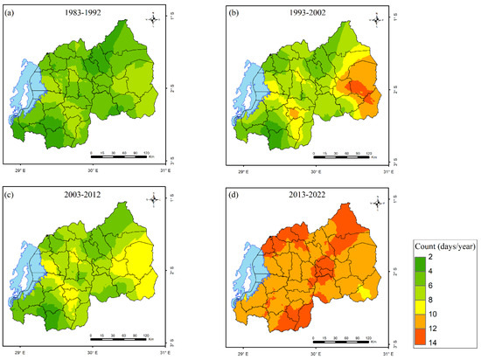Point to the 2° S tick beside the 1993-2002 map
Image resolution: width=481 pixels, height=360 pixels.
coord(390,89)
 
